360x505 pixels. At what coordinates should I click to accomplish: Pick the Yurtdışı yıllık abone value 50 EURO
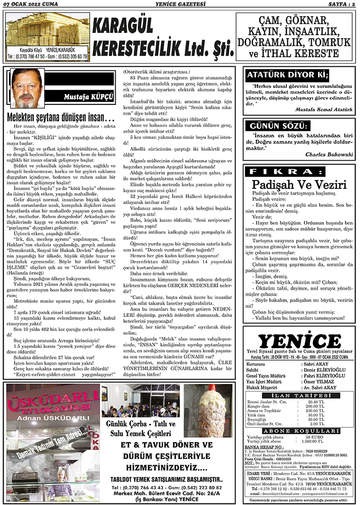coord(315,437)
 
